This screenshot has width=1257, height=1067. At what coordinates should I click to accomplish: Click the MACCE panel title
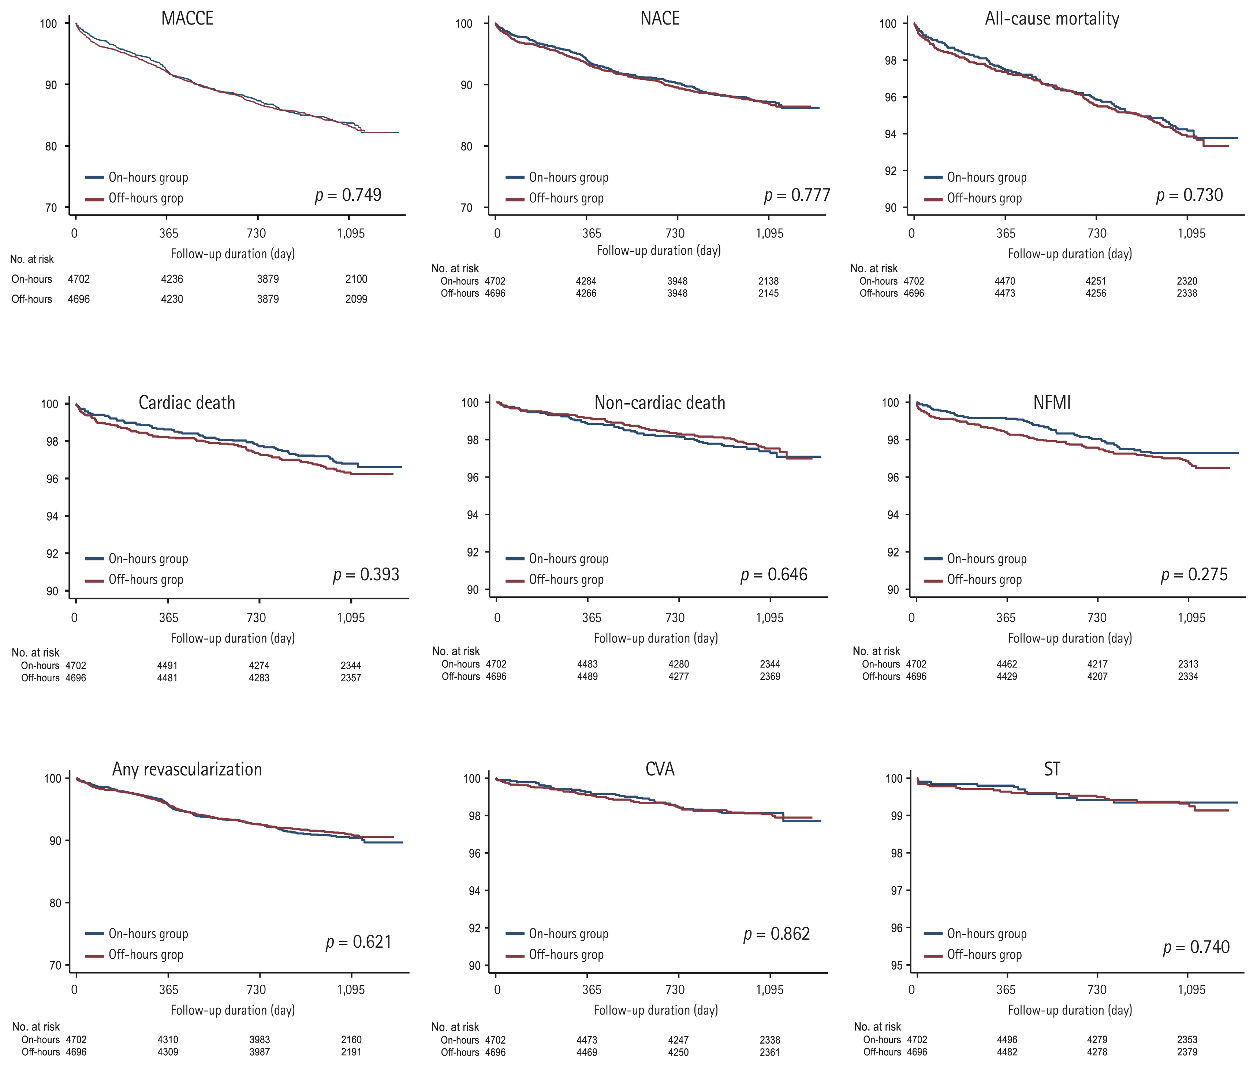(187, 18)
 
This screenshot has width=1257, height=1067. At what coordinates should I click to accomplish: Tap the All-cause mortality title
(1052, 18)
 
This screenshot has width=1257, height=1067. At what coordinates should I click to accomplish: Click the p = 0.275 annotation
(1194, 574)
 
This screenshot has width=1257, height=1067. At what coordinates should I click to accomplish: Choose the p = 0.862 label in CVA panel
(776, 934)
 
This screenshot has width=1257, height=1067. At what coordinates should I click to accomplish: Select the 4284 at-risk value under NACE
(586, 281)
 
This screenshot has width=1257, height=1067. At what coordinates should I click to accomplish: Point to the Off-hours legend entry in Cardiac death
(145, 580)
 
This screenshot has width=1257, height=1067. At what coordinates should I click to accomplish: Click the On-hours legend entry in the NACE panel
(568, 177)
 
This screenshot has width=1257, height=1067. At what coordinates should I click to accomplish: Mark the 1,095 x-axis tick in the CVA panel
(769, 989)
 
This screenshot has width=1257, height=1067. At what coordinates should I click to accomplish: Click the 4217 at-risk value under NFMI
(1097, 664)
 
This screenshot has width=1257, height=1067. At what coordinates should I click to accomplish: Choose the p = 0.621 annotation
(358, 942)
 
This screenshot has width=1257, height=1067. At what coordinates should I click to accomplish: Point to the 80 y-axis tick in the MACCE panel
(51, 146)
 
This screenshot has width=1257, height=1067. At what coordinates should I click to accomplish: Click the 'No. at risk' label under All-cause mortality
(874, 268)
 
